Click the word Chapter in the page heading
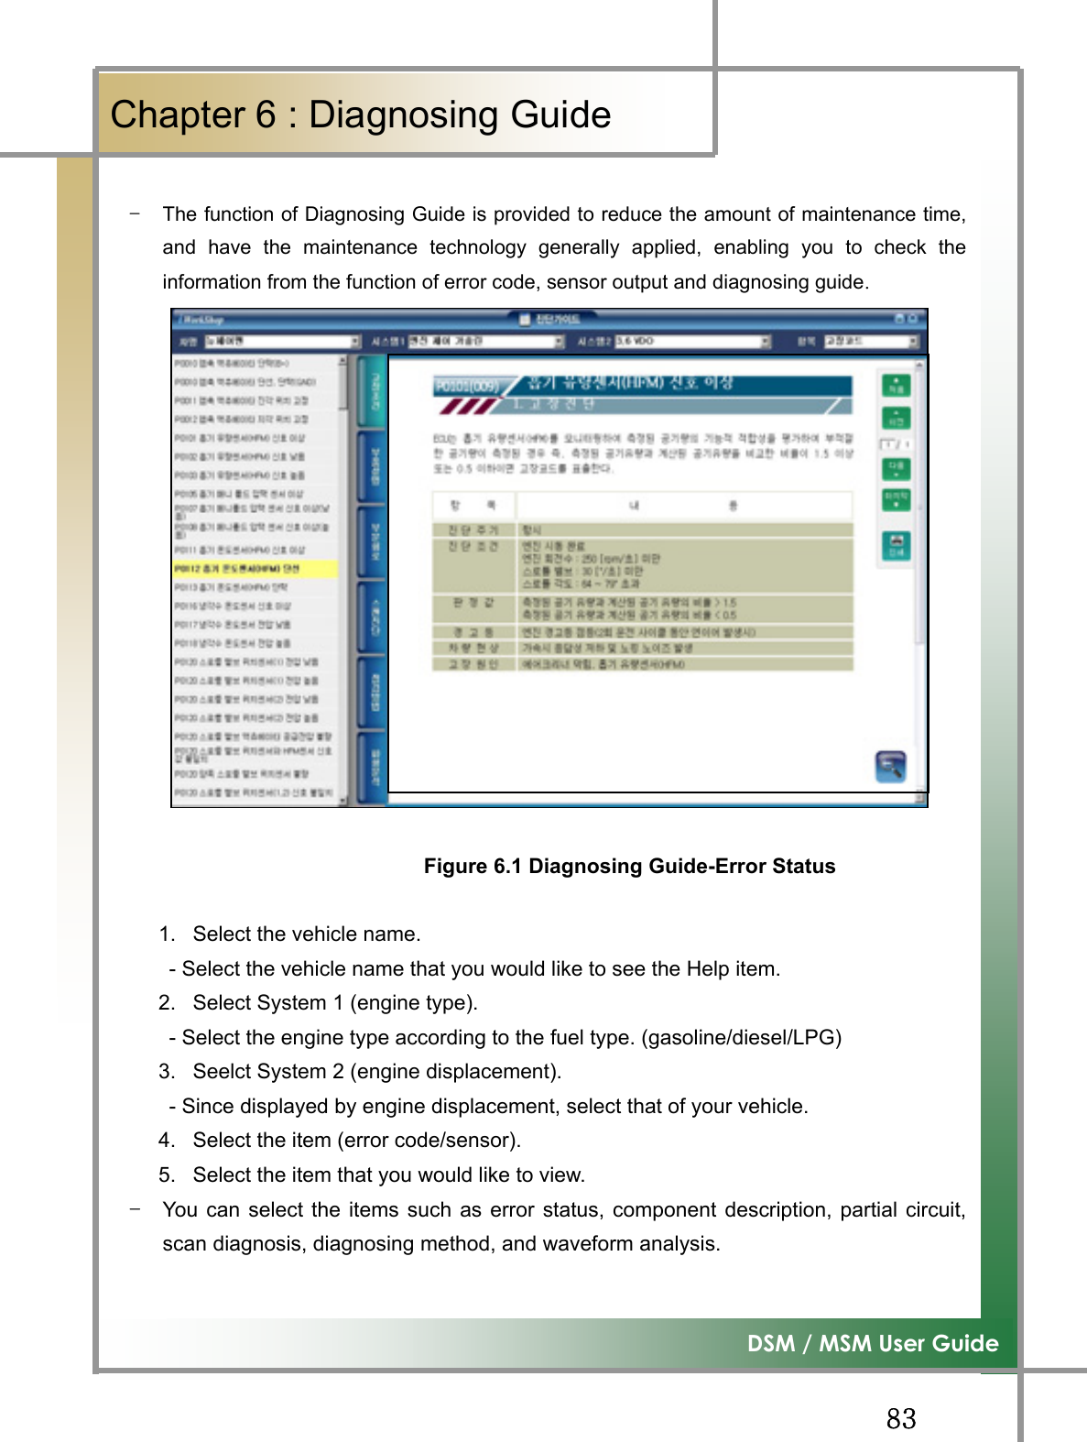[x=178, y=115]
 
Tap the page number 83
[x=900, y=1418]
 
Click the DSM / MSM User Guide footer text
[x=872, y=1343]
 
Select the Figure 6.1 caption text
[x=629, y=867]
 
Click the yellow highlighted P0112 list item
[x=255, y=569]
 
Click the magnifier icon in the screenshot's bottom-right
[x=889, y=766]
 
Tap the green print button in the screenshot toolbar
[x=896, y=545]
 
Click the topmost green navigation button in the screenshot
[x=896, y=385]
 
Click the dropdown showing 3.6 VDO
[x=691, y=341]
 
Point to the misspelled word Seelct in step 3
[x=221, y=1072]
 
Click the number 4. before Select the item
[x=166, y=1141]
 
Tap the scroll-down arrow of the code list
[x=343, y=800]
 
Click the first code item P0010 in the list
[x=234, y=364]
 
